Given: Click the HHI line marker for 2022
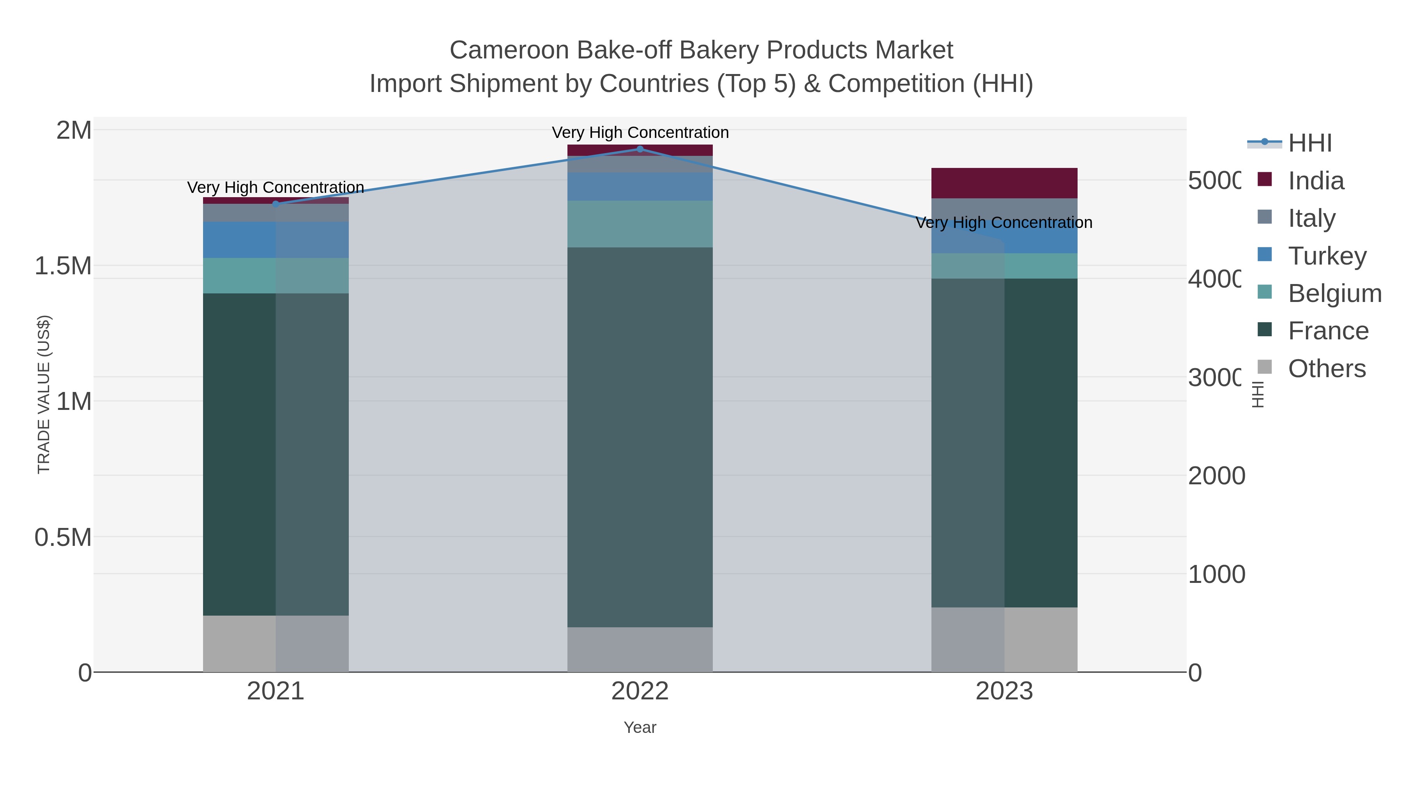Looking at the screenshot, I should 640,149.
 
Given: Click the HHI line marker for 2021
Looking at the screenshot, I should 276,204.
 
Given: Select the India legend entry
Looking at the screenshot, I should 1315,181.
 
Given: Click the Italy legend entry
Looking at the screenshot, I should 1311,218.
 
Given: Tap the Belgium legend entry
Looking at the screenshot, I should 1334,293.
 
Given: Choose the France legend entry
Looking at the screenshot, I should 1328,331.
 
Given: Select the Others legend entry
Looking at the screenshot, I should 1326,369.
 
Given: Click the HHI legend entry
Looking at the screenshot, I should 1310,143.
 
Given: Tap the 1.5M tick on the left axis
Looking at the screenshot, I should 63,266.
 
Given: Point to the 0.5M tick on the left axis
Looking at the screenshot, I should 63,537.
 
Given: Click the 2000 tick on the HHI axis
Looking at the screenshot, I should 1216,476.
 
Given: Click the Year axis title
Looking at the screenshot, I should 640,727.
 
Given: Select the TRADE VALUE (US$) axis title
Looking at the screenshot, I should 44,394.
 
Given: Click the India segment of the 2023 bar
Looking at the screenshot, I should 1004,183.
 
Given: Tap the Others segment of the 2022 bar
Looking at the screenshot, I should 640,649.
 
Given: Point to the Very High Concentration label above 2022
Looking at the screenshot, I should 640,132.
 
